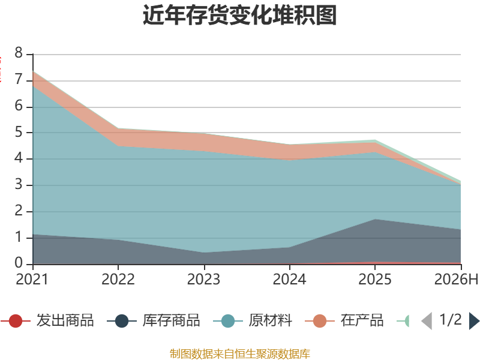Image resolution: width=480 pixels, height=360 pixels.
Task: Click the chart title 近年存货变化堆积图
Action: coord(239,15)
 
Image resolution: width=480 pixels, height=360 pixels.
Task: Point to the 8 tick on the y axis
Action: coord(19,53)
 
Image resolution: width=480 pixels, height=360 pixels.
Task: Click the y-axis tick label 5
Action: coord(19,132)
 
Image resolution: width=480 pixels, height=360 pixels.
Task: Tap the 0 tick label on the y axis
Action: coord(19,263)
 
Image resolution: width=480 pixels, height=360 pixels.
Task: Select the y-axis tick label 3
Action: coord(19,185)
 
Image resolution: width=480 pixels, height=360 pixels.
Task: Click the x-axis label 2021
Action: coord(32,280)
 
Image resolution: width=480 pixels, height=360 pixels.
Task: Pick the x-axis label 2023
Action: coord(203,280)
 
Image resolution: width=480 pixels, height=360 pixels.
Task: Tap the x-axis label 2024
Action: coord(289,280)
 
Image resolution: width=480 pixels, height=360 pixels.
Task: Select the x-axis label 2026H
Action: coord(456,280)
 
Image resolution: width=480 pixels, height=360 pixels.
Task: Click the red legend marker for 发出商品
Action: coord(16,321)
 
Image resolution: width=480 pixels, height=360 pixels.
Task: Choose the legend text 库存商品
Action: coord(171,320)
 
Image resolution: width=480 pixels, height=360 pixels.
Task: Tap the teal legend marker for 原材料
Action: coord(228,321)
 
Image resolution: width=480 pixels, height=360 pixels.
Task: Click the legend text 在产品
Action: coord(362,320)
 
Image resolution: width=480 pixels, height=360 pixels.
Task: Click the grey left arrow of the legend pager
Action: coord(427,321)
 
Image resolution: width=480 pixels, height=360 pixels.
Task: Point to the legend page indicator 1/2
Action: coord(451,320)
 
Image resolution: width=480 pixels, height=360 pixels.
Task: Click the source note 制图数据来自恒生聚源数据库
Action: coord(240,354)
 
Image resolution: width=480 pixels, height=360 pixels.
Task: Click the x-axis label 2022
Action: coord(118,280)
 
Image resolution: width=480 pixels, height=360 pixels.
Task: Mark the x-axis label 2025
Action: coord(375,280)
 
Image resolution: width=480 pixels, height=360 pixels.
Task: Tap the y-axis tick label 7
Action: coord(19,80)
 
